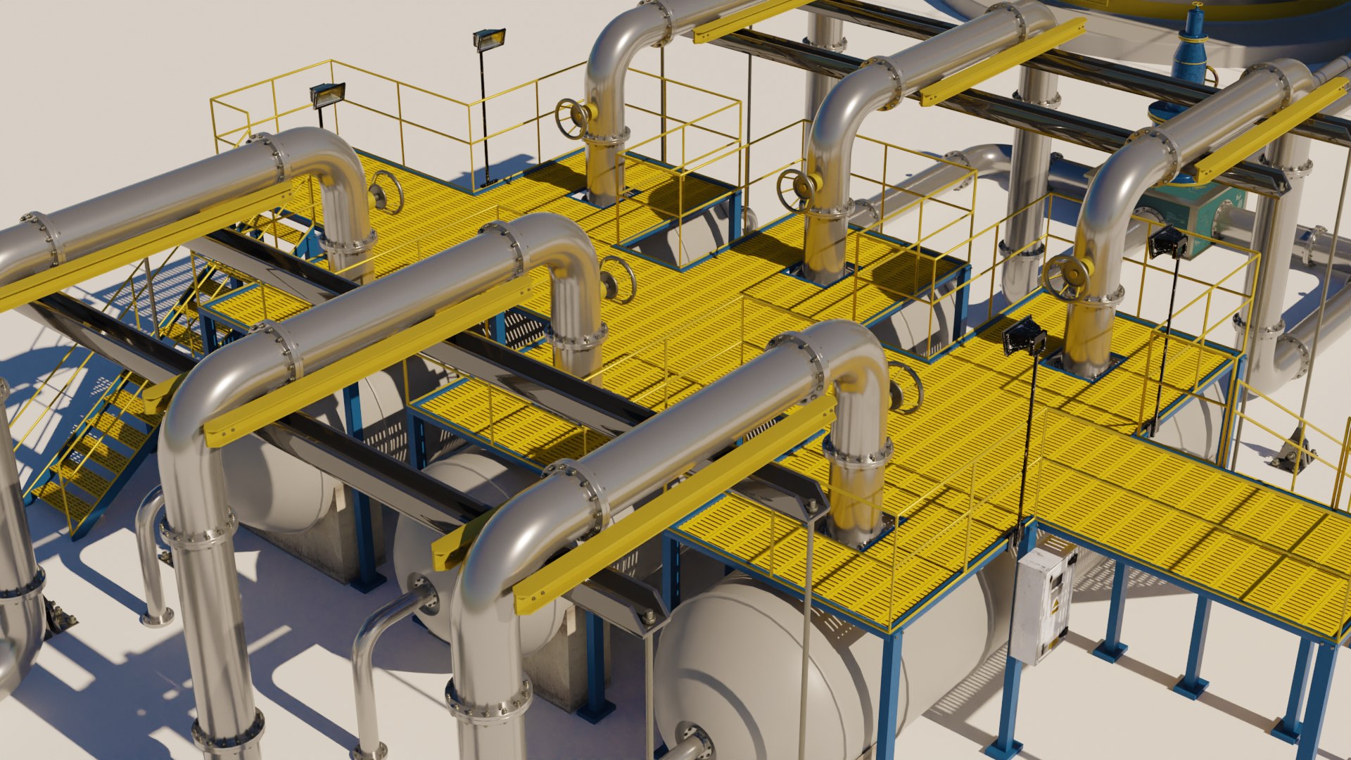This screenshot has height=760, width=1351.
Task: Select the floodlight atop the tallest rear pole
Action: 488,39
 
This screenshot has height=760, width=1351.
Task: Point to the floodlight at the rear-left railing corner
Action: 328,94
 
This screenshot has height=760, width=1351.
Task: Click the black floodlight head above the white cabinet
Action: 1023,336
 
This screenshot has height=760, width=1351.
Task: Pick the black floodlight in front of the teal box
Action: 1168,243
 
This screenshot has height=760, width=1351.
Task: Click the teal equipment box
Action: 1196,211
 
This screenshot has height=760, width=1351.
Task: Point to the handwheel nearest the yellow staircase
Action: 386,192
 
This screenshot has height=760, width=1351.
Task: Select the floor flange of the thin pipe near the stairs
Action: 156,619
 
